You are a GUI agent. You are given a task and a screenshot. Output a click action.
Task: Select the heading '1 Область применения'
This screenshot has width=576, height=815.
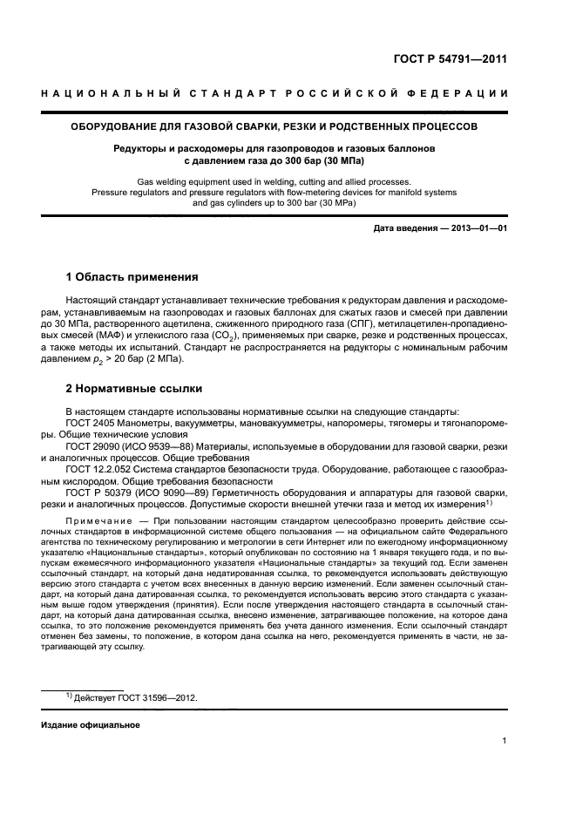coord(132,277)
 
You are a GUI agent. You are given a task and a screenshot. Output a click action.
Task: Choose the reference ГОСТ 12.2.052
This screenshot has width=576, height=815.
coord(100,468)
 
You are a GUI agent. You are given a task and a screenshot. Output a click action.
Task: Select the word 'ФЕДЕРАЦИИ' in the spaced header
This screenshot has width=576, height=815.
coord(466,93)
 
